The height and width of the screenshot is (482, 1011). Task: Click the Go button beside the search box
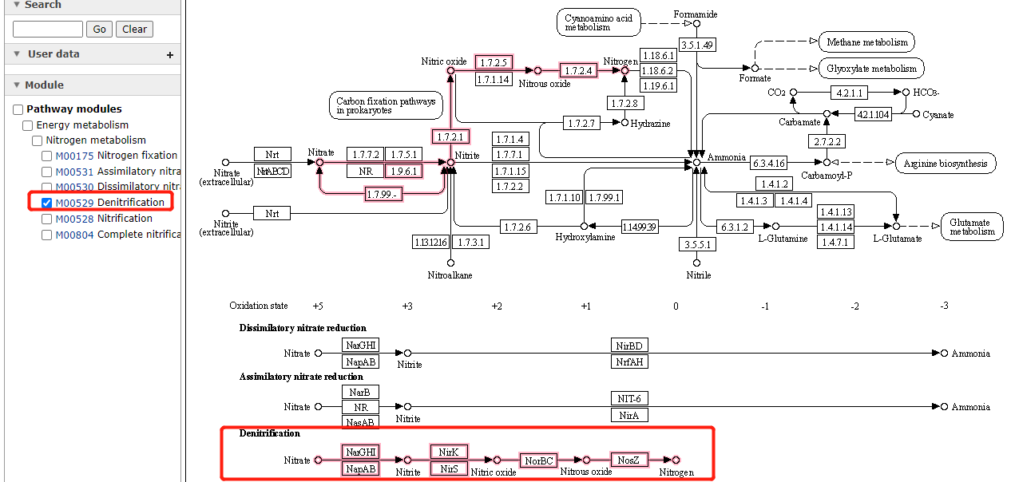tap(99, 30)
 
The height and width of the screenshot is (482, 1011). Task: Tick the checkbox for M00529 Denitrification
tap(47, 203)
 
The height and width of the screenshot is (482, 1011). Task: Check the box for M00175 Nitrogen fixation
tap(47, 156)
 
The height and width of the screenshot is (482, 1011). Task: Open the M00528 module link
tap(74, 219)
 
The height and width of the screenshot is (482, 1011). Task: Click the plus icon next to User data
tap(169, 55)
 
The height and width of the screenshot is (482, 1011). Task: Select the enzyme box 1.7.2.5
tap(494, 62)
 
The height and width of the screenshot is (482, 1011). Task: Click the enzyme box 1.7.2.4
tap(579, 70)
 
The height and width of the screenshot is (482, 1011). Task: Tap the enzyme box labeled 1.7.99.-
tap(383, 194)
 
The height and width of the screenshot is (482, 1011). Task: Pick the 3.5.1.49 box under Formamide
tap(696, 44)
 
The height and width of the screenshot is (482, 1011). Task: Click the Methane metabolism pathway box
tap(867, 42)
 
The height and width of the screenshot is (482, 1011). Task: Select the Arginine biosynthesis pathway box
tap(946, 164)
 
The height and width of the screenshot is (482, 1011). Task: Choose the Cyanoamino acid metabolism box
tap(598, 22)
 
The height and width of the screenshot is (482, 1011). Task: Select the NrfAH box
tap(629, 361)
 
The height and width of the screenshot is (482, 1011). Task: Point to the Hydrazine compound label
tap(650, 124)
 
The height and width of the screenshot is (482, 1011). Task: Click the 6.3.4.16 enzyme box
tap(769, 163)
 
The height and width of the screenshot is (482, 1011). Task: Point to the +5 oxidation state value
tap(318, 306)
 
